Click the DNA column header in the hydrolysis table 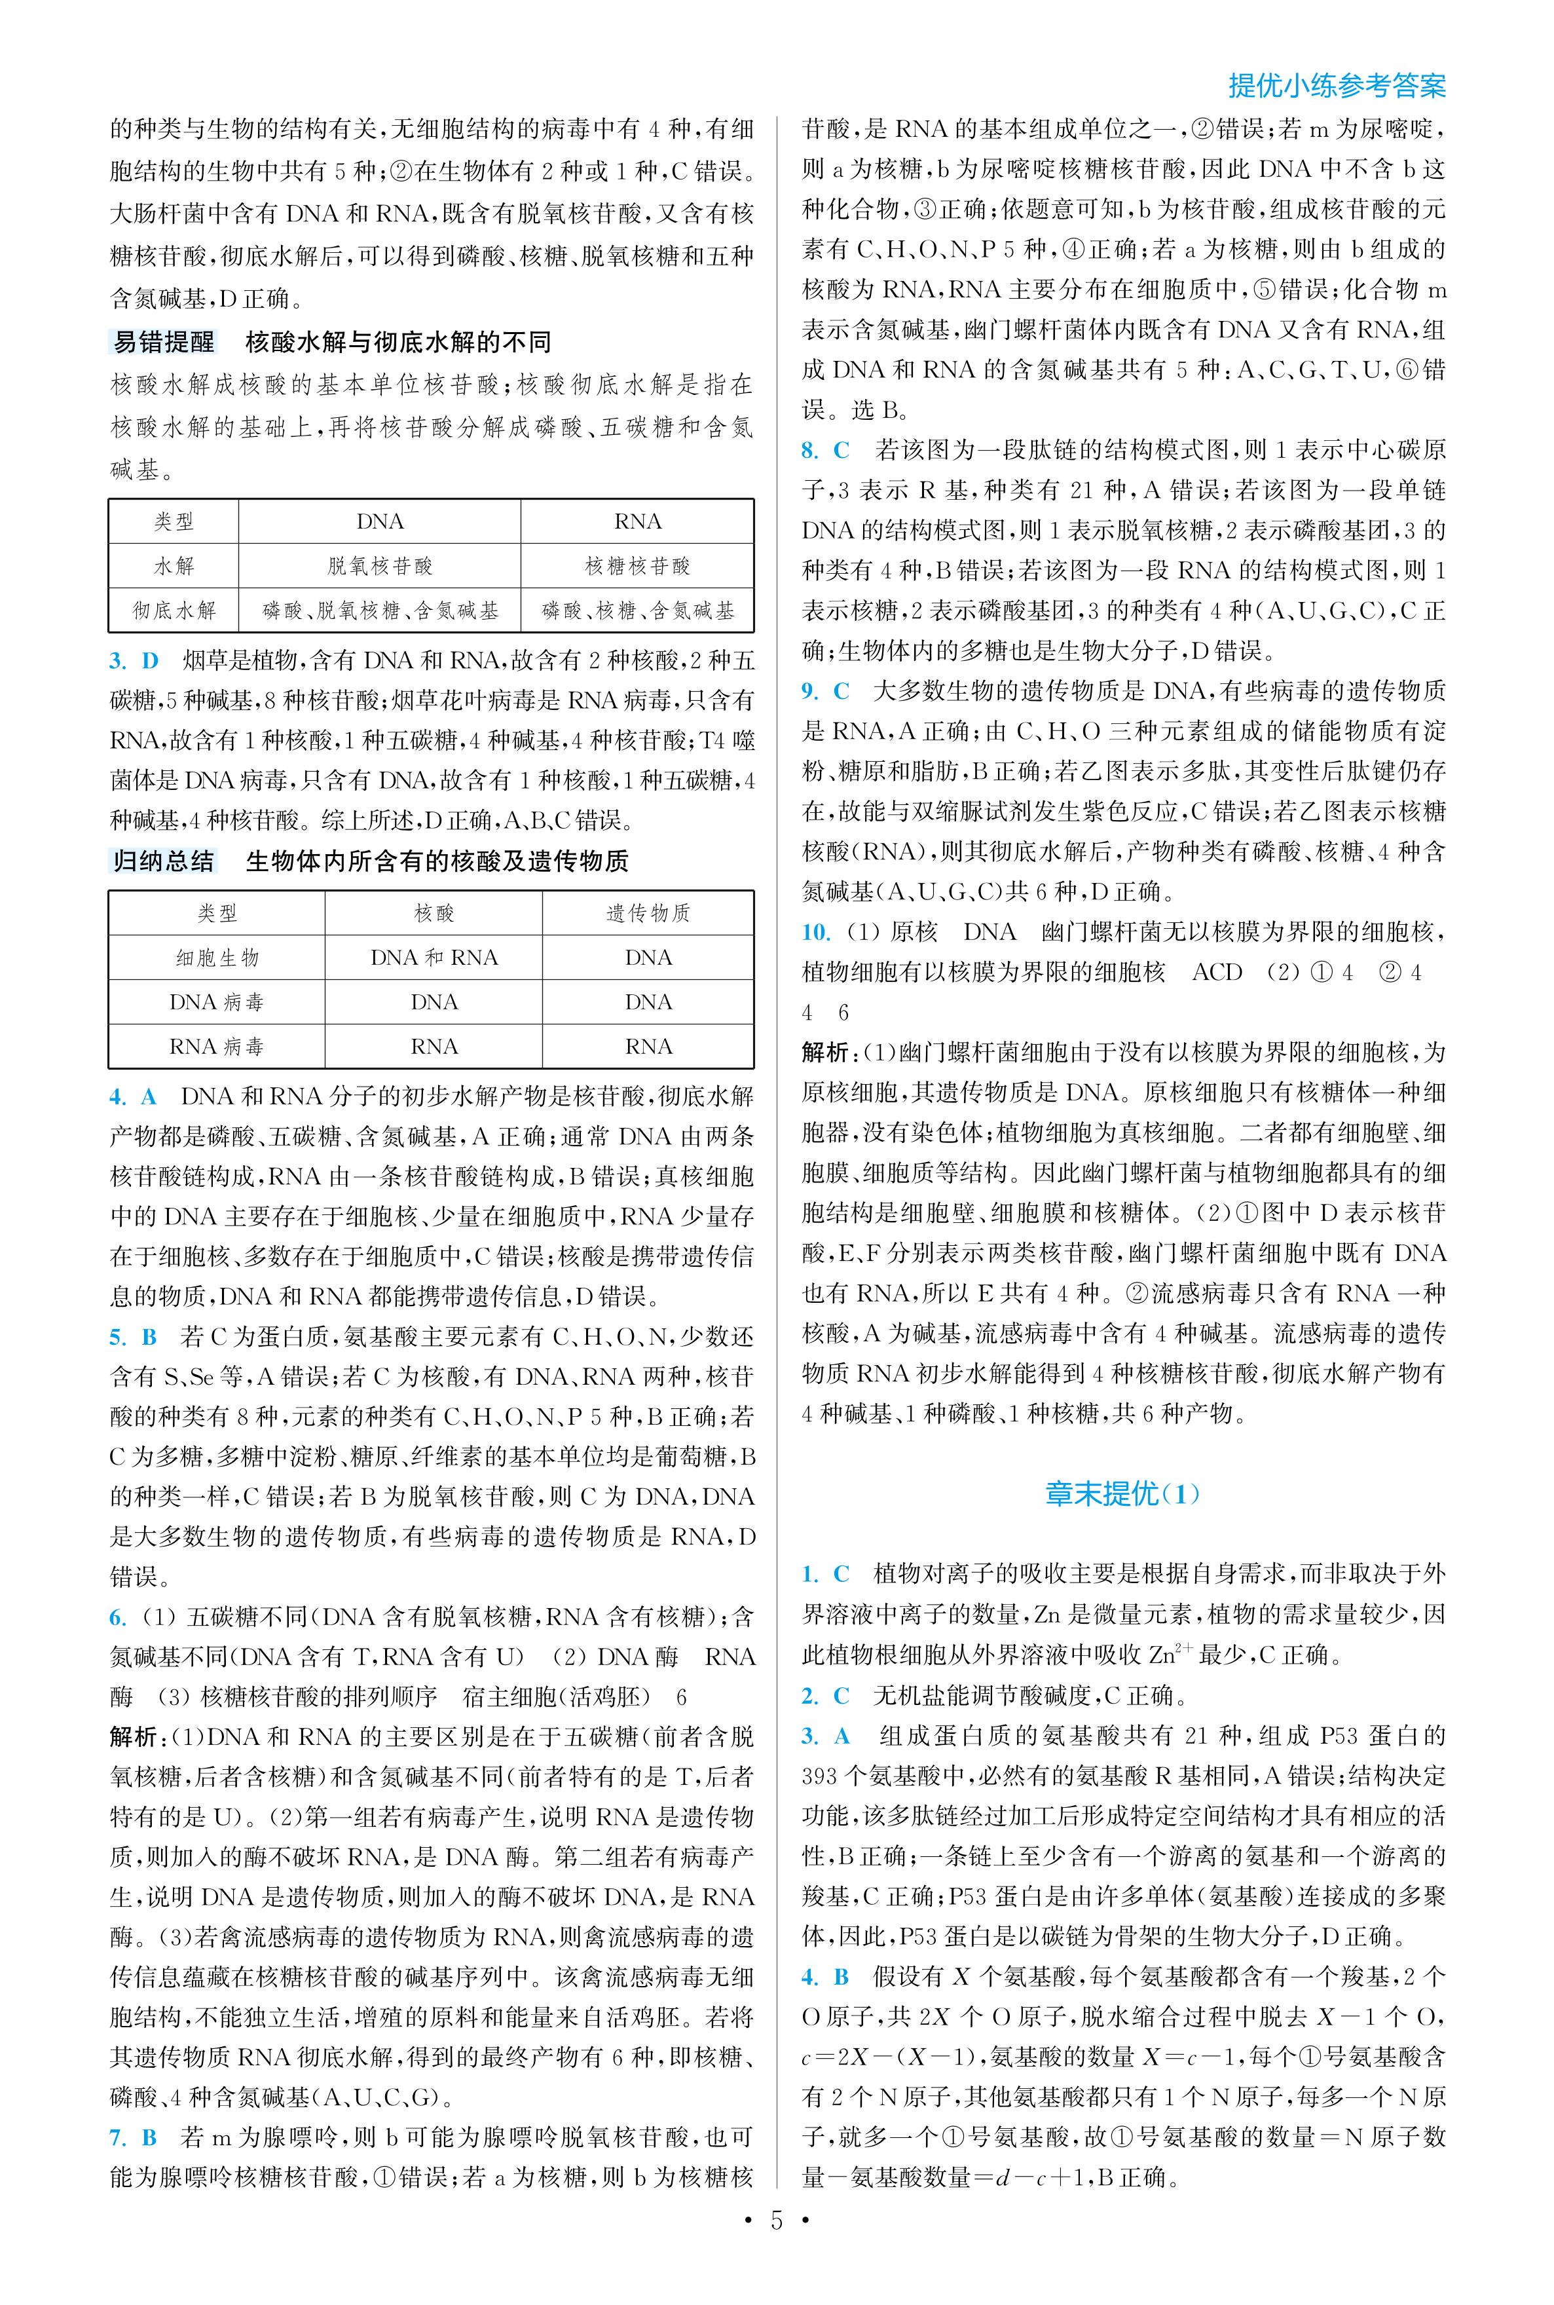point(380,521)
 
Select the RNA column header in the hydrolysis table point(637,521)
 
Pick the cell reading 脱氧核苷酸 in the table point(380,566)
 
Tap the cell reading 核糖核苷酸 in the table point(637,566)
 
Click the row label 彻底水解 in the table point(174,610)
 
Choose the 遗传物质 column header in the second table point(648,913)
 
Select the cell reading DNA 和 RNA point(434,958)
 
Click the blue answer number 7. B point(134,2137)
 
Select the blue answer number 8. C point(826,450)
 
